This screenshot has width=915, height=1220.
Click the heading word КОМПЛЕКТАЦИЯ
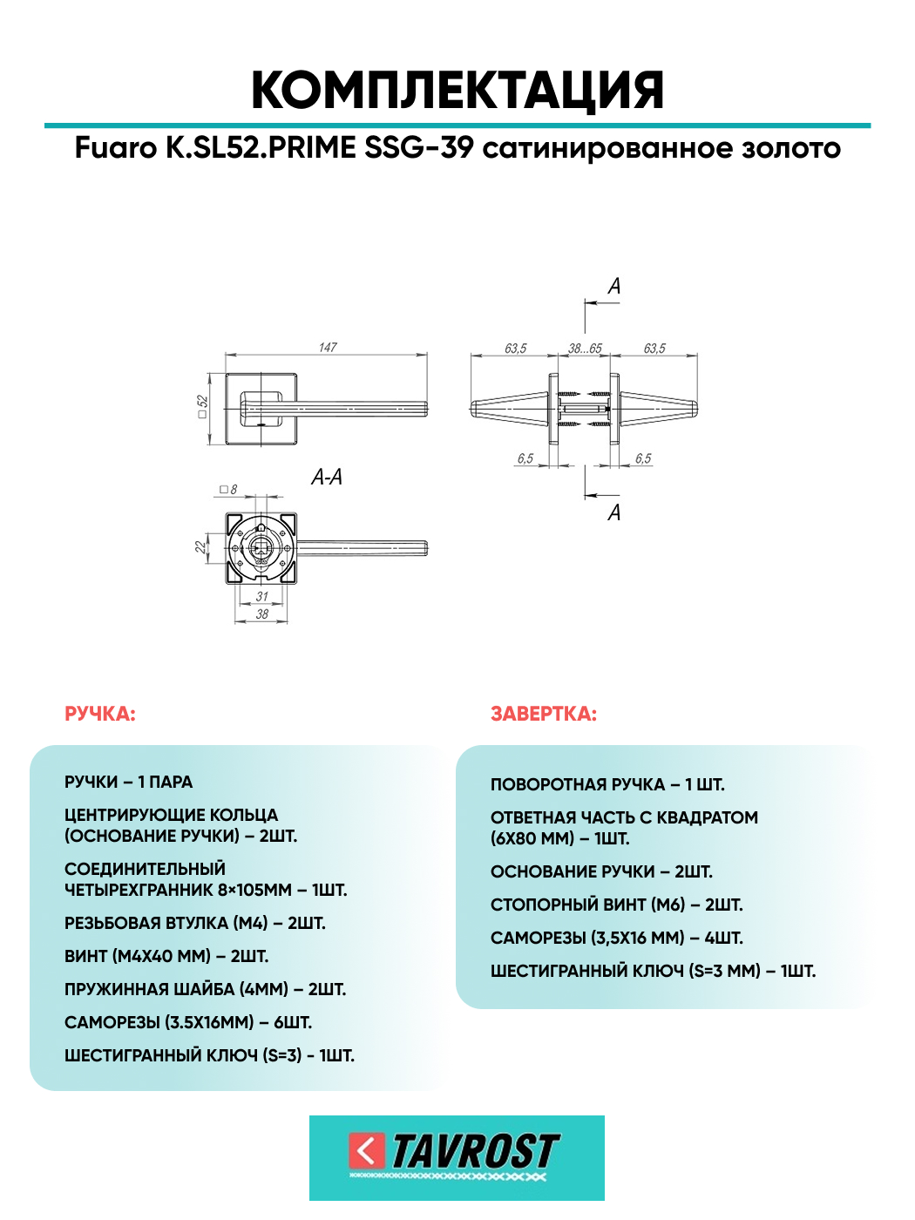tap(457, 91)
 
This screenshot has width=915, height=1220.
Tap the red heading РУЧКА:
tap(100, 715)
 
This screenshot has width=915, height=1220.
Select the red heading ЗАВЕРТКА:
tap(543, 715)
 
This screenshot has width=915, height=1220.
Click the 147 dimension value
tap(328, 348)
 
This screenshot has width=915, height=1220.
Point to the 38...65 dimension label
tap(585, 349)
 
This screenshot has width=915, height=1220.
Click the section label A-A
tap(327, 477)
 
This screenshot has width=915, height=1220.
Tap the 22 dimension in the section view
tap(200, 547)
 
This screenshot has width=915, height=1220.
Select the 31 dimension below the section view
tap(261, 596)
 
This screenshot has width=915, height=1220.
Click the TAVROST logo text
tap(476, 1152)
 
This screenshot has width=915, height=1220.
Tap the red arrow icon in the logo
tap(367, 1151)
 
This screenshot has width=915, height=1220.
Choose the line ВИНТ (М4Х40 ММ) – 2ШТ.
tap(166, 956)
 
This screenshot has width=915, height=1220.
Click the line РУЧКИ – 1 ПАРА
tap(128, 782)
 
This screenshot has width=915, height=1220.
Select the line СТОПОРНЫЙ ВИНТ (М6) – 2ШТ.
tap(617, 905)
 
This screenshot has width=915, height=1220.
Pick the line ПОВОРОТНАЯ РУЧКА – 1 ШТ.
tap(607, 785)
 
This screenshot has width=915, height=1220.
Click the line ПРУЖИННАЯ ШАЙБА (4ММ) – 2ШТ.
tap(205, 989)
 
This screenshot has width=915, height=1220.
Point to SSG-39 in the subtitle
tap(419, 148)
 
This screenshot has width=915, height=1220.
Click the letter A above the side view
tap(613, 286)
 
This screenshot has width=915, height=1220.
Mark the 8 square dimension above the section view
tap(229, 490)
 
